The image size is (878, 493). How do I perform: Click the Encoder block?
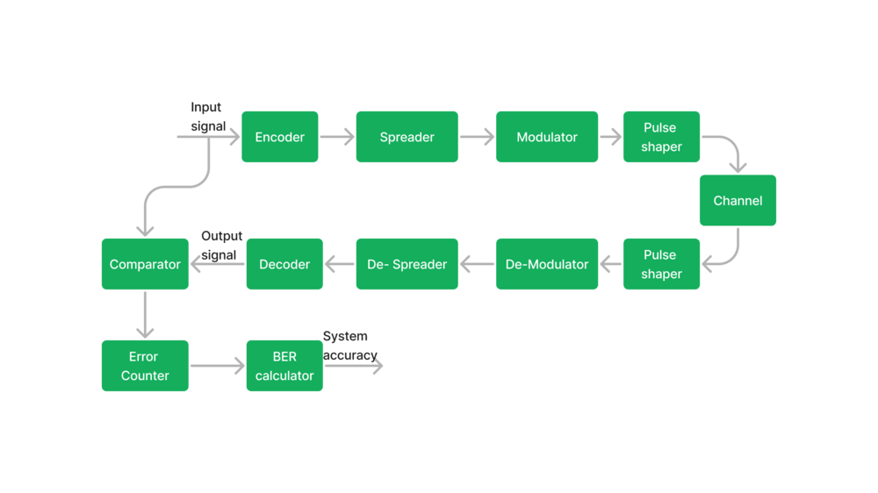pos(280,137)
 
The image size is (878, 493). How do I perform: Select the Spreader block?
pos(407,137)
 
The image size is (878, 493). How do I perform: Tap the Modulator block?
pos(547,137)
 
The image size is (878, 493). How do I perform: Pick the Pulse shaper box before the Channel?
pos(661,137)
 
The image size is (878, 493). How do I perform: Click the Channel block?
pos(738,200)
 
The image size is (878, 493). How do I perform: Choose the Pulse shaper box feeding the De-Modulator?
pos(661,264)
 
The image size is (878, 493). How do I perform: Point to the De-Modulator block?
pos(547,264)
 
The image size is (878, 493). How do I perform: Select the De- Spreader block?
pos(407,264)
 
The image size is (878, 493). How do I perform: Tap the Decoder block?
pos(284,264)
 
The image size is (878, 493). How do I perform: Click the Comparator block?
pos(145,264)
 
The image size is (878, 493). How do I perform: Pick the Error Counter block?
pos(145,366)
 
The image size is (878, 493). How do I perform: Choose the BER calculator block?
pos(284,366)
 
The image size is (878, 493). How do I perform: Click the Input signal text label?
pos(208,117)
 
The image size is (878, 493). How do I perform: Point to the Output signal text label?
pos(222,245)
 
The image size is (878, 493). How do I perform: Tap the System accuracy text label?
pos(350,346)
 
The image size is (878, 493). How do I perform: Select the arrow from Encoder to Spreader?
pos(337,137)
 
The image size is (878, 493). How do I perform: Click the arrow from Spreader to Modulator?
pos(477,137)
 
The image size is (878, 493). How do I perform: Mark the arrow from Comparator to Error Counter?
pos(145,315)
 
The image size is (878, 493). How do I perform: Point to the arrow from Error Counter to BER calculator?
pos(217,366)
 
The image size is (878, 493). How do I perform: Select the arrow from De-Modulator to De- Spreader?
pos(477,264)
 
